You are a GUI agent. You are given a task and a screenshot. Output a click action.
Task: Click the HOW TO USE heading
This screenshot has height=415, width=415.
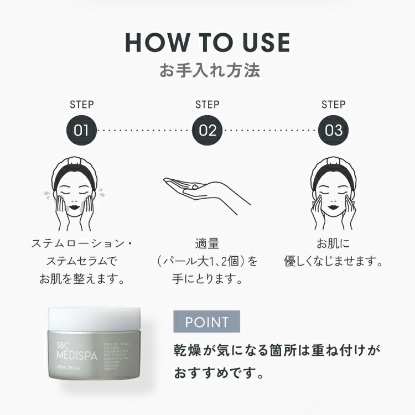click(207, 44)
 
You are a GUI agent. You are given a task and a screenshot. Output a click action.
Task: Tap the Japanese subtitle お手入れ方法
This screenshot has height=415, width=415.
click(207, 71)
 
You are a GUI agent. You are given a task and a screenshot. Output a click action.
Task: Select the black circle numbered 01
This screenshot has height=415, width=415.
click(81, 131)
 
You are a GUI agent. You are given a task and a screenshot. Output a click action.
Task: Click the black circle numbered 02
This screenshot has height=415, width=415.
click(207, 131)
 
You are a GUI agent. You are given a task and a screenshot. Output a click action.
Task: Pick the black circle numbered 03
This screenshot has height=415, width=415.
click(334, 131)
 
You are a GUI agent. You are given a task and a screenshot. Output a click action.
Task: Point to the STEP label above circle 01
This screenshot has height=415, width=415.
click(81, 104)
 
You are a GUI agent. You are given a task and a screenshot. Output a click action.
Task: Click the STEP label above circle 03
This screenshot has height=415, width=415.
click(334, 104)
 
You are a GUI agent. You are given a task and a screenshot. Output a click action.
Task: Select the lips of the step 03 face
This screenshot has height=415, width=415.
click(334, 212)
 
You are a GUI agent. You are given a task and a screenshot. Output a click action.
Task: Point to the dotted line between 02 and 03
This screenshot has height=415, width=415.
click(271, 131)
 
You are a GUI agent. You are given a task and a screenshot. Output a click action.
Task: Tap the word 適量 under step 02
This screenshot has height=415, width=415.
click(207, 243)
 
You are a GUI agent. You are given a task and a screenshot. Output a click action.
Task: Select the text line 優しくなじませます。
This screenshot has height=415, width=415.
click(334, 261)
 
